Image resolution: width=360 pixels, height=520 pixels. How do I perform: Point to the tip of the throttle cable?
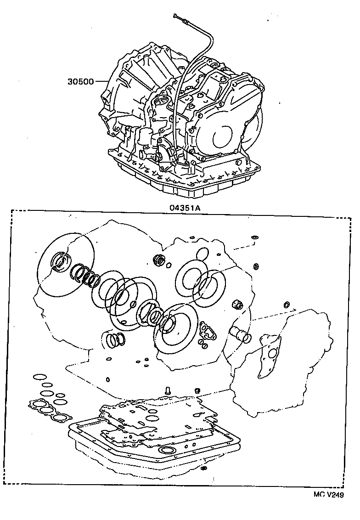click(x=176, y=17)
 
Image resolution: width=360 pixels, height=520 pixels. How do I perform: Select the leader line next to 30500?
click(x=101, y=82)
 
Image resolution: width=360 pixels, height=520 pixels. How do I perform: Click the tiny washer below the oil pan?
click(x=203, y=469)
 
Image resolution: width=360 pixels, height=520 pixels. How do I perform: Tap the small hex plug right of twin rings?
click(x=238, y=304)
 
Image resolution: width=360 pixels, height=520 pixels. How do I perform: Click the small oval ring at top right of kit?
click(x=253, y=237)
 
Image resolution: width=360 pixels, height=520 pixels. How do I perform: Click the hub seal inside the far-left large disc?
click(x=61, y=262)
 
